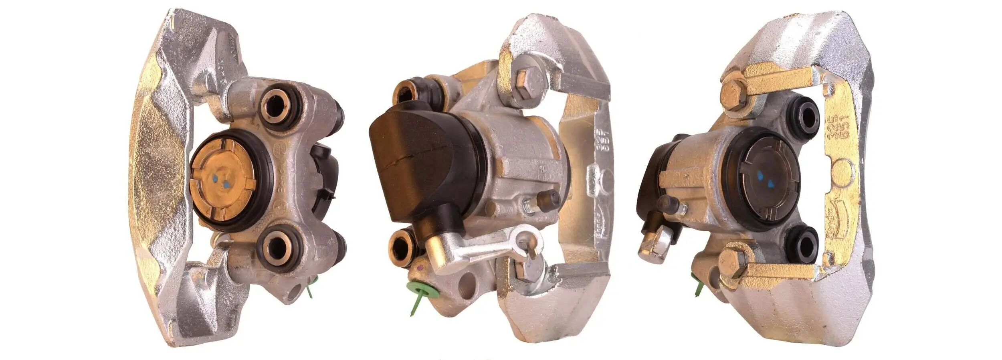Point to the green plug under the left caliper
point(310,287)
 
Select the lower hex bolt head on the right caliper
point(732,261)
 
